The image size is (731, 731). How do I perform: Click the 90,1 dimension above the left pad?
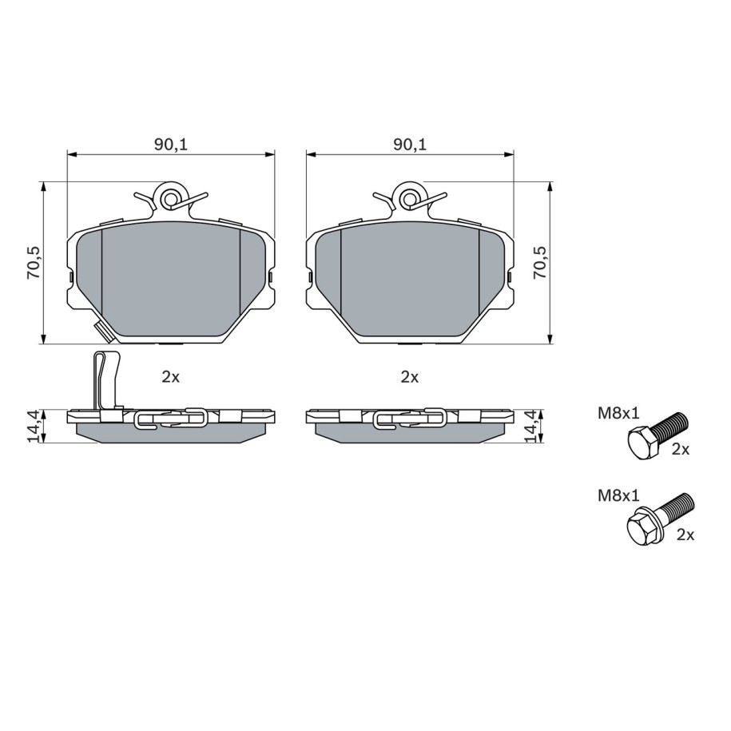coord(171,145)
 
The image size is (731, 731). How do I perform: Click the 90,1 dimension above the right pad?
coord(410,145)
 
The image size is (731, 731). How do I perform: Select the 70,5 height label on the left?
coord(34,263)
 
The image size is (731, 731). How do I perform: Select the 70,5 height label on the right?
coord(540,263)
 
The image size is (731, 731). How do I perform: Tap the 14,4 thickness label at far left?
coord(34,426)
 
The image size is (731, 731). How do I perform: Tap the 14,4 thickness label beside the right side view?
coord(531,426)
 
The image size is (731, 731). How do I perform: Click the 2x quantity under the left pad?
coord(171,377)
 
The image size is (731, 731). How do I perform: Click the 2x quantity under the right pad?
coord(410,377)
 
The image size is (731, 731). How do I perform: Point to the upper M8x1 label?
coord(618,414)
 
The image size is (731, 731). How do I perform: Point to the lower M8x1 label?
coord(618,496)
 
